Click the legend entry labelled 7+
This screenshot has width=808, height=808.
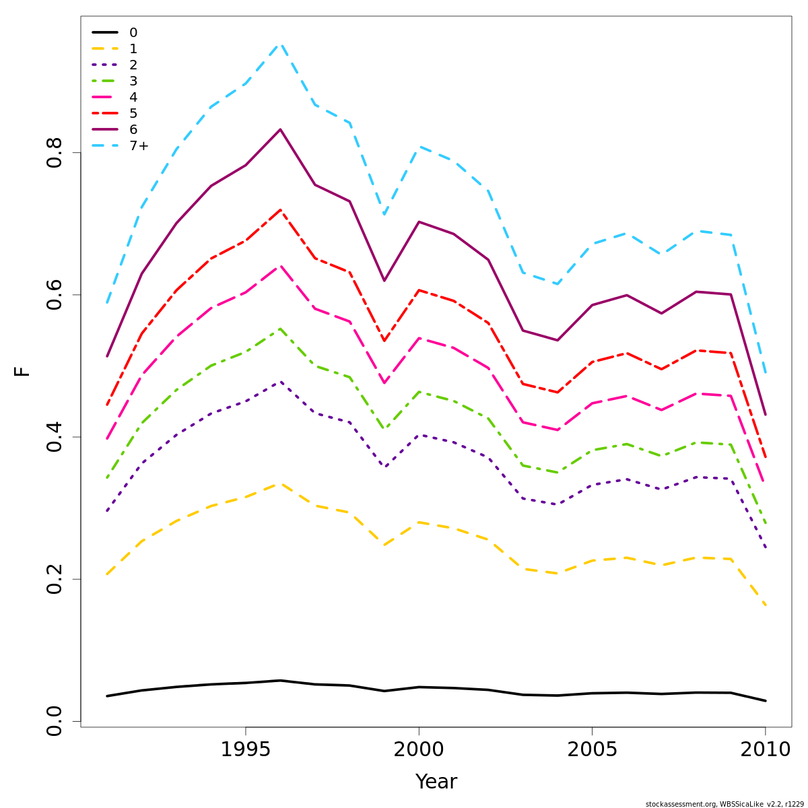pyautogui.click(x=139, y=145)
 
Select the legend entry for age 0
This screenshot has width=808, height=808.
pyautogui.click(x=133, y=32)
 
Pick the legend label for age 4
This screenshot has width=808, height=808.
pyautogui.click(x=133, y=97)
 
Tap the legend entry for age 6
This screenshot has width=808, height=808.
pyautogui.click(x=133, y=129)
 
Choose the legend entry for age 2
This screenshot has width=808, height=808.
pyautogui.click(x=133, y=65)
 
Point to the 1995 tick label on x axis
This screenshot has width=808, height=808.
pyautogui.click(x=246, y=749)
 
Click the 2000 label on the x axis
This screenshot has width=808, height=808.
pyautogui.click(x=419, y=749)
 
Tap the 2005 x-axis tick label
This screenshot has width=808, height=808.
pyautogui.click(x=592, y=749)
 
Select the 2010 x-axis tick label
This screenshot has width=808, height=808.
pyautogui.click(x=765, y=749)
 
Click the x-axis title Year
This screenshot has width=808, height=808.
pyautogui.click(x=436, y=782)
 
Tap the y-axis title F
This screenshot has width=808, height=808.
pyautogui.click(x=22, y=371)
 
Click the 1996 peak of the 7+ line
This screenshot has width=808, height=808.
pyautogui.click(x=280, y=44)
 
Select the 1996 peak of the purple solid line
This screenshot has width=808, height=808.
pyautogui.click(x=280, y=129)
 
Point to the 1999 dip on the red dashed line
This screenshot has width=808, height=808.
pyautogui.click(x=384, y=341)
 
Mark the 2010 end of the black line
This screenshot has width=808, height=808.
pyautogui.click(x=765, y=701)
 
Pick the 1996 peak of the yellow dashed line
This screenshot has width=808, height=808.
pyautogui.click(x=280, y=483)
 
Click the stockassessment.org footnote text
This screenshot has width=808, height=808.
pyautogui.click(x=724, y=804)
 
